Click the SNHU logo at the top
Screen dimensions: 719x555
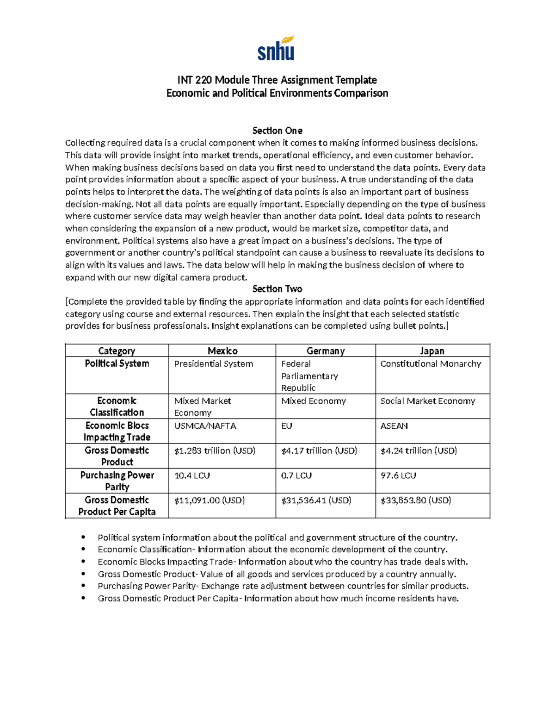click(x=276, y=49)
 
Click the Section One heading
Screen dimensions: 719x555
click(x=277, y=131)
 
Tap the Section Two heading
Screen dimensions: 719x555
click(x=277, y=289)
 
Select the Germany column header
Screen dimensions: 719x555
click(x=325, y=351)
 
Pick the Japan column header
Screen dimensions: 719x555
click(x=432, y=351)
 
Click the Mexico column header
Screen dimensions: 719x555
click(x=222, y=351)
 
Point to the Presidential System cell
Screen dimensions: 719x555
click(x=213, y=364)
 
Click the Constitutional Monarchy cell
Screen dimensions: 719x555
click(x=431, y=364)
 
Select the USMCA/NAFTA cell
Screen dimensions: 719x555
click(x=205, y=426)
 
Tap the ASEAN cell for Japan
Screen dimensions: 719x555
click(x=394, y=426)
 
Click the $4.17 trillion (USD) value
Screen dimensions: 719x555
click(x=319, y=450)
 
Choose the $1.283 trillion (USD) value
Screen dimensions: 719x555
click(x=215, y=450)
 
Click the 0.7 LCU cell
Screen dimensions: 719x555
click(x=296, y=475)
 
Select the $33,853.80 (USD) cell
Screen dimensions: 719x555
click(x=415, y=500)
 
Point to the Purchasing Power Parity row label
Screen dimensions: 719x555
click(x=117, y=481)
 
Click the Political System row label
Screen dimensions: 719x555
click(x=117, y=363)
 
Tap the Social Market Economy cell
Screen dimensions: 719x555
click(x=427, y=401)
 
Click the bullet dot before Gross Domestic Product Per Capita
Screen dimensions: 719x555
click(x=83, y=598)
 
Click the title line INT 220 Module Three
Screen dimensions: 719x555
click(x=277, y=80)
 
